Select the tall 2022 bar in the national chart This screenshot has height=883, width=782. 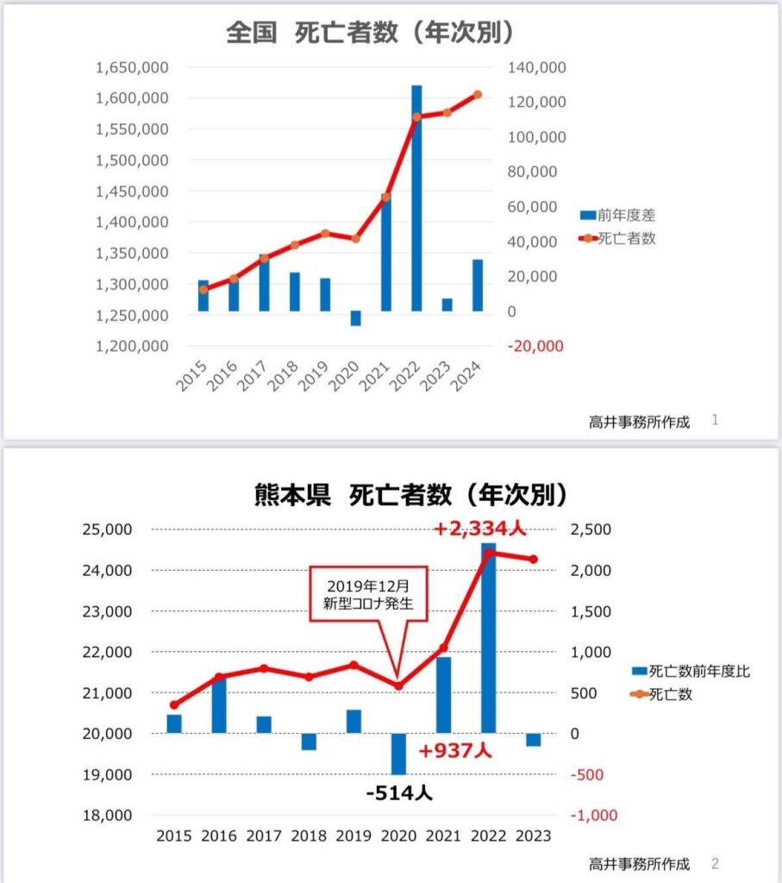click(x=416, y=198)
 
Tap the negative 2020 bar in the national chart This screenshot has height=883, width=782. click(x=355, y=318)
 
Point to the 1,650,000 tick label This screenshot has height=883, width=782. click(x=132, y=67)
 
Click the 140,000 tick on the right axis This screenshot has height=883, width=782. click(x=537, y=67)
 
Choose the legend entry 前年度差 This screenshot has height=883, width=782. click(x=619, y=216)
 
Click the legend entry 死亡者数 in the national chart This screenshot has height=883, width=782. click(x=619, y=239)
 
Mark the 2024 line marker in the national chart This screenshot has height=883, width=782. click(x=478, y=95)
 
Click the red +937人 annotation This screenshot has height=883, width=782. click(x=455, y=750)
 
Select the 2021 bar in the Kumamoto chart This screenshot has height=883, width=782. click(x=443, y=695)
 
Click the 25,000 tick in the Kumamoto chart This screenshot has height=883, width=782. click(x=110, y=529)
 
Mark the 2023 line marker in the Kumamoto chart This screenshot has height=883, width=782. click(x=534, y=560)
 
